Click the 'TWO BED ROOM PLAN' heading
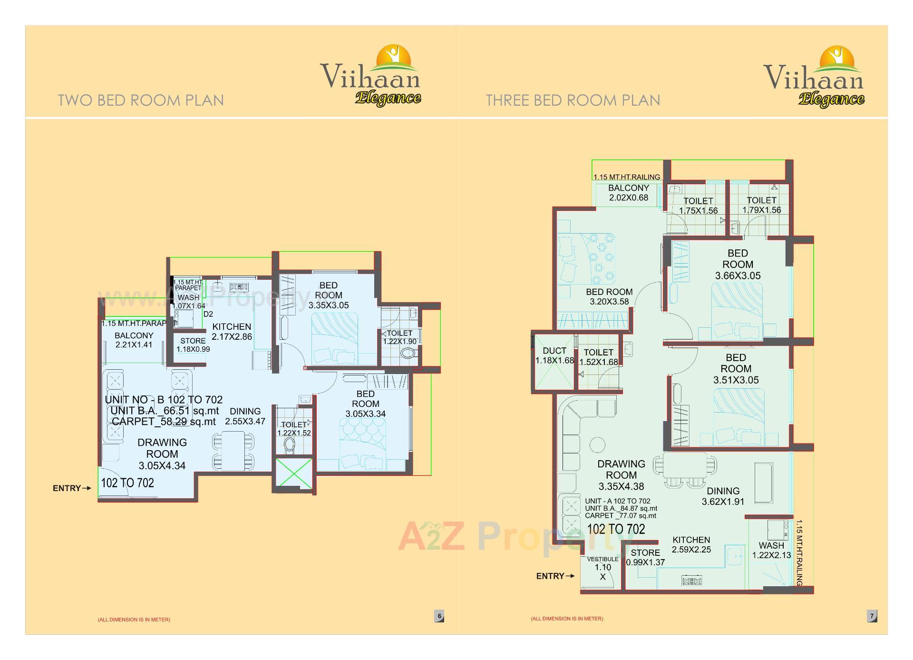tap(141, 100)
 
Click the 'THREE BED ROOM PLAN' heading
tap(573, 100)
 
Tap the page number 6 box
tap(439, 616)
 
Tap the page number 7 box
tap(872, 616)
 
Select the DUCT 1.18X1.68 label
tap(554, 355)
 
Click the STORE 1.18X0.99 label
tap(193, 345)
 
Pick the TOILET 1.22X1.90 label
tap(399, 337)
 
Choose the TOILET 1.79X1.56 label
tap(761, 205)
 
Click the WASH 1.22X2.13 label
tap(771, 550)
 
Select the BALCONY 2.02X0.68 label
tap(629, 193)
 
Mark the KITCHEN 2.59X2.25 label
tap(691, 545)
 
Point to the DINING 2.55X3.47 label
tap(245, 416)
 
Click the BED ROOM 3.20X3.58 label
tap(609, 296)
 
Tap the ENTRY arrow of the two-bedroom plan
tap(86, 488)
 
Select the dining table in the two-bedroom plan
tap(233, 450)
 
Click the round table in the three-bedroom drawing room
tap(597, 445)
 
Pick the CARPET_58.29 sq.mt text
tap(164, 422)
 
